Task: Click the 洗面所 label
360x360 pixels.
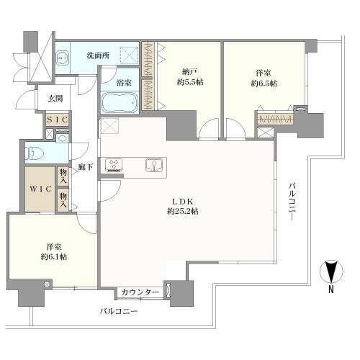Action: click(x=98, y=55)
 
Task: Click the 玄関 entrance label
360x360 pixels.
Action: click(x=56, y=99)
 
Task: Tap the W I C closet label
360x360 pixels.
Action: click(x=40, y=188)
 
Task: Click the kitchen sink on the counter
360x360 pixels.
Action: click(x=153, y=166)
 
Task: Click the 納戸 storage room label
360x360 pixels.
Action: click(x=189, y=72)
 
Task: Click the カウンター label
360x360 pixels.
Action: click(x=140, y=292)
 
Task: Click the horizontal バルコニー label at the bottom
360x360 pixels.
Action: click(x=118, y=312)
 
